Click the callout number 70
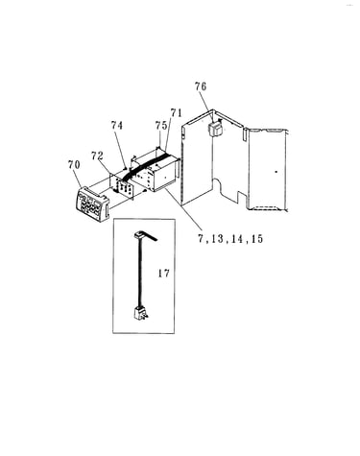(74, 165)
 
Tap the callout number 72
(97, 156)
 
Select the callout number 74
(117, 125)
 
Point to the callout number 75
(161, 126)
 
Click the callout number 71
(176, 113)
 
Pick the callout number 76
(201, 86)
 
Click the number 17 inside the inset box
(163, 274)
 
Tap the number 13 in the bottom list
(217, 239)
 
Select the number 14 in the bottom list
(237, 239)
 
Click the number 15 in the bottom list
(257, 239)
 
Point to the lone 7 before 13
(201, 239)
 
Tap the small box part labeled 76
(216, 129)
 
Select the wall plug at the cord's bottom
(140, 312)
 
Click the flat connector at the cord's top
(145, 236)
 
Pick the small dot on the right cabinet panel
(276, 172)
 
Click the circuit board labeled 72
(122, 186)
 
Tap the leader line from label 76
(207, 107)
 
